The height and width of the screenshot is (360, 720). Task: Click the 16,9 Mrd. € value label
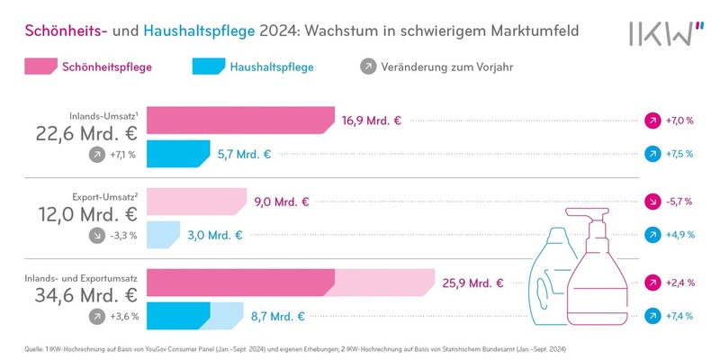pos(371,120)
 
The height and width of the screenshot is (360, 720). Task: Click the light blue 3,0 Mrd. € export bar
pos(168,235)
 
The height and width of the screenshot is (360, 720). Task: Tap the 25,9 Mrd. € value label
pos(472,283)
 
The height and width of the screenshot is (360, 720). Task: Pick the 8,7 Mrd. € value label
pos(277,316)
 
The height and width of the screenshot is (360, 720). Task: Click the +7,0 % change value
pos(678,120)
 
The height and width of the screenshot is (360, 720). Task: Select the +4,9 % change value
pos(678,235)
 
